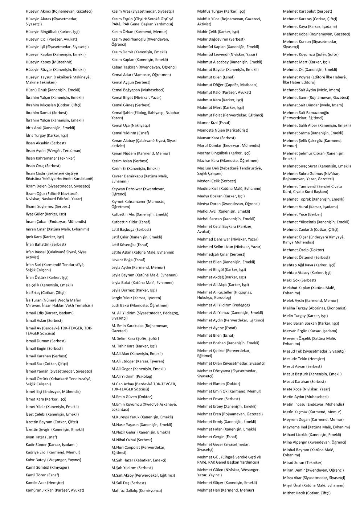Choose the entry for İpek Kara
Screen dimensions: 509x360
pos(34,237)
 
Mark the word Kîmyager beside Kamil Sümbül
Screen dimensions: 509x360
pos(59,468)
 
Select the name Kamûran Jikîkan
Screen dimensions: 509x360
pos(40,490)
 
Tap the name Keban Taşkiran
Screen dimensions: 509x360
pos(124,67)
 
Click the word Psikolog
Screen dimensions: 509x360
pos(142,376)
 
